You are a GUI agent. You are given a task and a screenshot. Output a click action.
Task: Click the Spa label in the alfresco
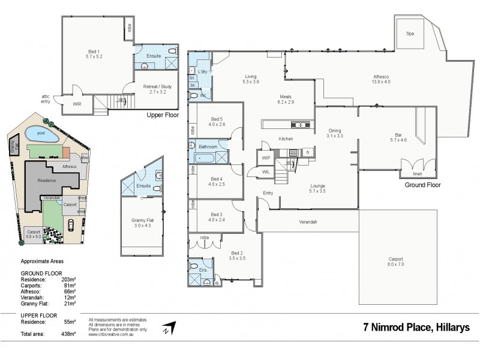coord(410,34)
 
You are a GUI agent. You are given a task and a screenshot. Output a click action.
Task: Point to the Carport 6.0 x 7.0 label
coord(396,262)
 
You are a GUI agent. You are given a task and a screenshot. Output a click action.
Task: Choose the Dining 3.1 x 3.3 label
coord(335,133)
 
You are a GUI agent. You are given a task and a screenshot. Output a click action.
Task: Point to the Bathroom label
coord(208,146)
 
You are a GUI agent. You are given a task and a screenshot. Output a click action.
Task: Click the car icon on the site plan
coord(71,226)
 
